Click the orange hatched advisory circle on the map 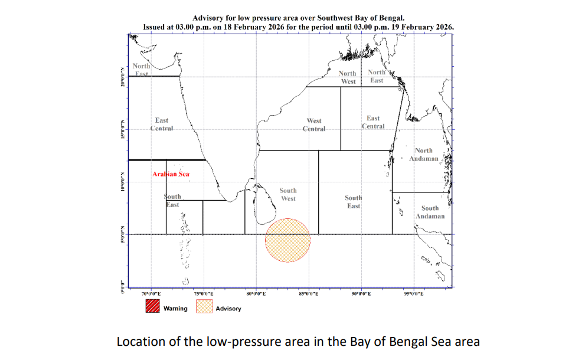[x=287, y=240]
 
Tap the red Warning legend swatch [x=153, y=307]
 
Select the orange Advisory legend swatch [x=204, y=307]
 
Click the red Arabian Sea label [x=171, y=174]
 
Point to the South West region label [x=288, y=194]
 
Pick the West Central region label [x=314, y=125]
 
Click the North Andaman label [x=424, y=155]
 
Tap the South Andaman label [x=430, y=212]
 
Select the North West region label [x=348, y=77]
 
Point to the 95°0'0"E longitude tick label [x=413, y=293]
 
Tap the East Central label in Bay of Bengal [x=373, y=122]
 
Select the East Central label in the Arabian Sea [x=162, y=125]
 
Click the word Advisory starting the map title [x=207, y=19]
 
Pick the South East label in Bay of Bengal [x=354, y=202]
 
